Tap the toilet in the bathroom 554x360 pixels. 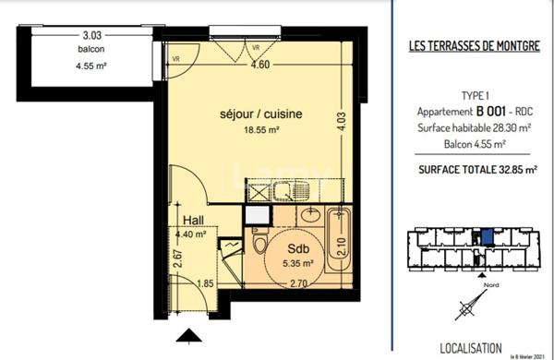point(259,247)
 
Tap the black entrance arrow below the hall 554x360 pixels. point(189,335)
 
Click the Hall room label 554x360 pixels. point(193,221)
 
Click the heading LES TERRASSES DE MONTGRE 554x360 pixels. point(474,45)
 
